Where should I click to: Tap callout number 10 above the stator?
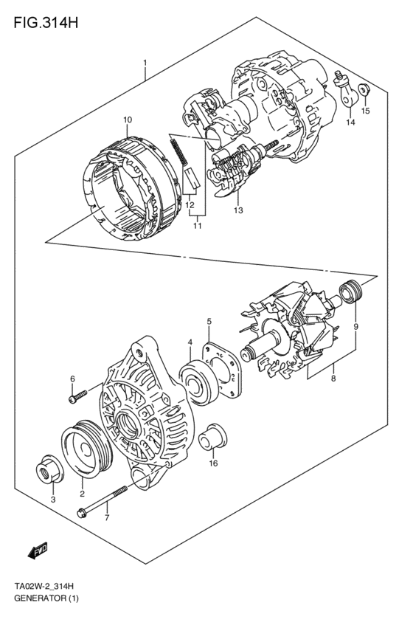tap(128, 120)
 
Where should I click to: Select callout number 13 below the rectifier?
tap(238, 211)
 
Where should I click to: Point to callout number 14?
tap(350, 123)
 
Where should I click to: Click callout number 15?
tap(365, 111)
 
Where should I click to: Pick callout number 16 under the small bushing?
tap(213, 463)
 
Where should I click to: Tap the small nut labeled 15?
tap(364, 91)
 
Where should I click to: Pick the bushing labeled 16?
tap(213, 436)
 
